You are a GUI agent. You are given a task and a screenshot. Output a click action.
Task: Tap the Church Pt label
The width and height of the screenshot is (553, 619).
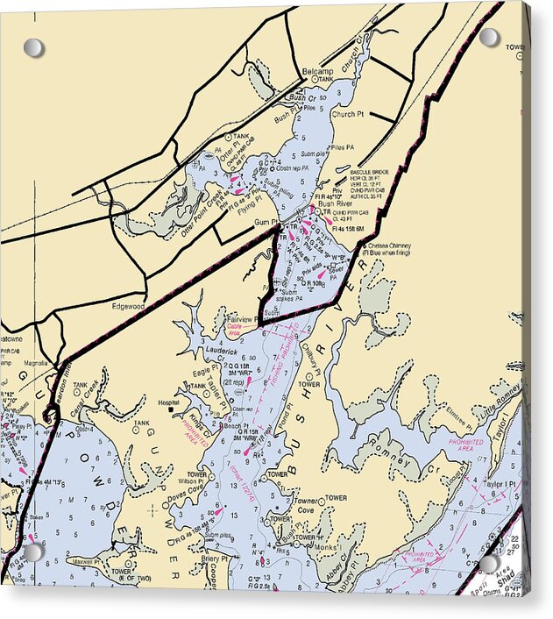(x=348, y=114)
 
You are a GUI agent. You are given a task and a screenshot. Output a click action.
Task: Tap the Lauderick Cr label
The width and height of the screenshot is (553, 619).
(x=224, y=350)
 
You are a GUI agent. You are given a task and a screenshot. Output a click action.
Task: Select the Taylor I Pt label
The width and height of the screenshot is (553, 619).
(x=501, y=483)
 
